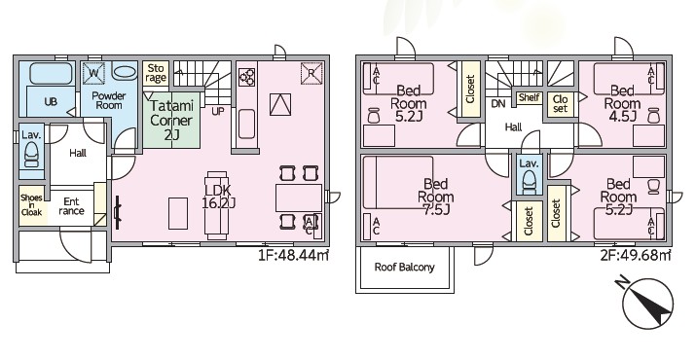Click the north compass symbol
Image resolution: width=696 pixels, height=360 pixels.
(647, 305)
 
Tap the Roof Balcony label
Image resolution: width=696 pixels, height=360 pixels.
(404, 268)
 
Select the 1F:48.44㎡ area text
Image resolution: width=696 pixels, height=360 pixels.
(293, 255)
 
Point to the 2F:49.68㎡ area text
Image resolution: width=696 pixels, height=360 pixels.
(636, 255)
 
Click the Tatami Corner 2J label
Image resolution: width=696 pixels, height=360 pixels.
(171, 121)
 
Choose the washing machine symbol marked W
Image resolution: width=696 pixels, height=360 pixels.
(93, 73)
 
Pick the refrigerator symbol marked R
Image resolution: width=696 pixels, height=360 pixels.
(311, 73)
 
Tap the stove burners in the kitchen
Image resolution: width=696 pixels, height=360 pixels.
(247, 77)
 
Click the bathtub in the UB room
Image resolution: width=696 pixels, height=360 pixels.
(52, 73)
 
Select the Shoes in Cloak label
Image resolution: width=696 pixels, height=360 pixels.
(31, 205)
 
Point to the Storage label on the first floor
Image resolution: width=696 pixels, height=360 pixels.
(156, 73)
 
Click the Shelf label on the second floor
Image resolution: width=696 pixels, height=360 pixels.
(529, 97)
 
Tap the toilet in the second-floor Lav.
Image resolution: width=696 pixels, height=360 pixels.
(529, 183)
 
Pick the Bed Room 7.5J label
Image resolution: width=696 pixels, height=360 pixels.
(435, 197)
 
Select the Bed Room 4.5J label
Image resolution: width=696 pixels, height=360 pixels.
(622, 103)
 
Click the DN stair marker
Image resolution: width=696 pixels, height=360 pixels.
(498, 104)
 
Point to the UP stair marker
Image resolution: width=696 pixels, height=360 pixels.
(217, 112)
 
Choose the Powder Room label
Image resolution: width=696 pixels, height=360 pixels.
(109, 100)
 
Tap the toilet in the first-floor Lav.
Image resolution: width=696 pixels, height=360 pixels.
(31, 157)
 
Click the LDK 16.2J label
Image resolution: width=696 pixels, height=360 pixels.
(218, 197)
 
